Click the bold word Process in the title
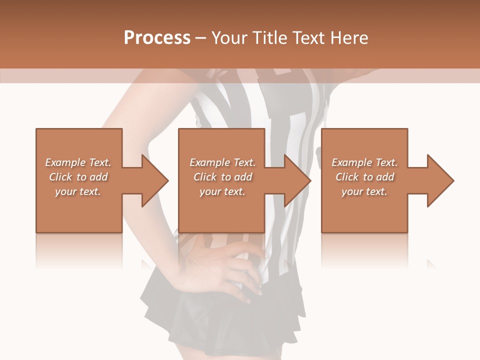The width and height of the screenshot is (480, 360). click(x=157, y=38)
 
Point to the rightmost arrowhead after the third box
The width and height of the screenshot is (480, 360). click(x=439, y=180)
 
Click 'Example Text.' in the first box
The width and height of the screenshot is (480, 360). click(x=78, y=162)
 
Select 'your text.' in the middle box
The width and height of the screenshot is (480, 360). click(x=222, y=191)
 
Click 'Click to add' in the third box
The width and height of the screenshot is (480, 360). click(x=364, y=177)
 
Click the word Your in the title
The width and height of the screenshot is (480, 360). click(x=229, y=38)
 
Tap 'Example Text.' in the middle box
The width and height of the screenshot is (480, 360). click(x=222, y=162)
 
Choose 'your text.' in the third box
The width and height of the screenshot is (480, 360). click(x=364, y=191)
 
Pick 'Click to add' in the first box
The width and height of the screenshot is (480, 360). click(x=78, y=177)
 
